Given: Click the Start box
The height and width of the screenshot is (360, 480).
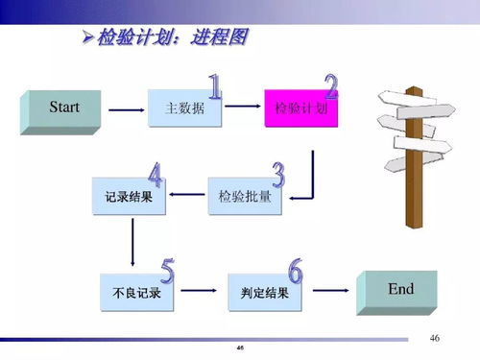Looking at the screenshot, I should tap(63, 108).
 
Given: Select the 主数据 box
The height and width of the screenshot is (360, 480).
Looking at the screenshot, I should tap(184, 108).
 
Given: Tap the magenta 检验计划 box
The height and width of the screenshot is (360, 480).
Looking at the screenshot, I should tap(300, 108).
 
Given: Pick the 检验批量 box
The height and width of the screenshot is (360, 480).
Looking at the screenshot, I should tap(244, 197).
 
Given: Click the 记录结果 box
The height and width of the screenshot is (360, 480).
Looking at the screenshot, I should tap(129, 197).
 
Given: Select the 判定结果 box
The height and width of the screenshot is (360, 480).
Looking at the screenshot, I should tap(265, 293).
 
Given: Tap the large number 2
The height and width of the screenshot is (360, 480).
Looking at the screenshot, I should tap(330, 87).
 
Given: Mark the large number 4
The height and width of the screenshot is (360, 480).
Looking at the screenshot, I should tap(154, 176).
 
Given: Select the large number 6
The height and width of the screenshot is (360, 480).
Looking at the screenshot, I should tap(295, 272).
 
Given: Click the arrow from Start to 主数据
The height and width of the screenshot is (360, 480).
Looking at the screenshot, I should tap(127, 109).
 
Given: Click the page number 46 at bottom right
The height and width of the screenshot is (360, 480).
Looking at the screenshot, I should tap(435, 338).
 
